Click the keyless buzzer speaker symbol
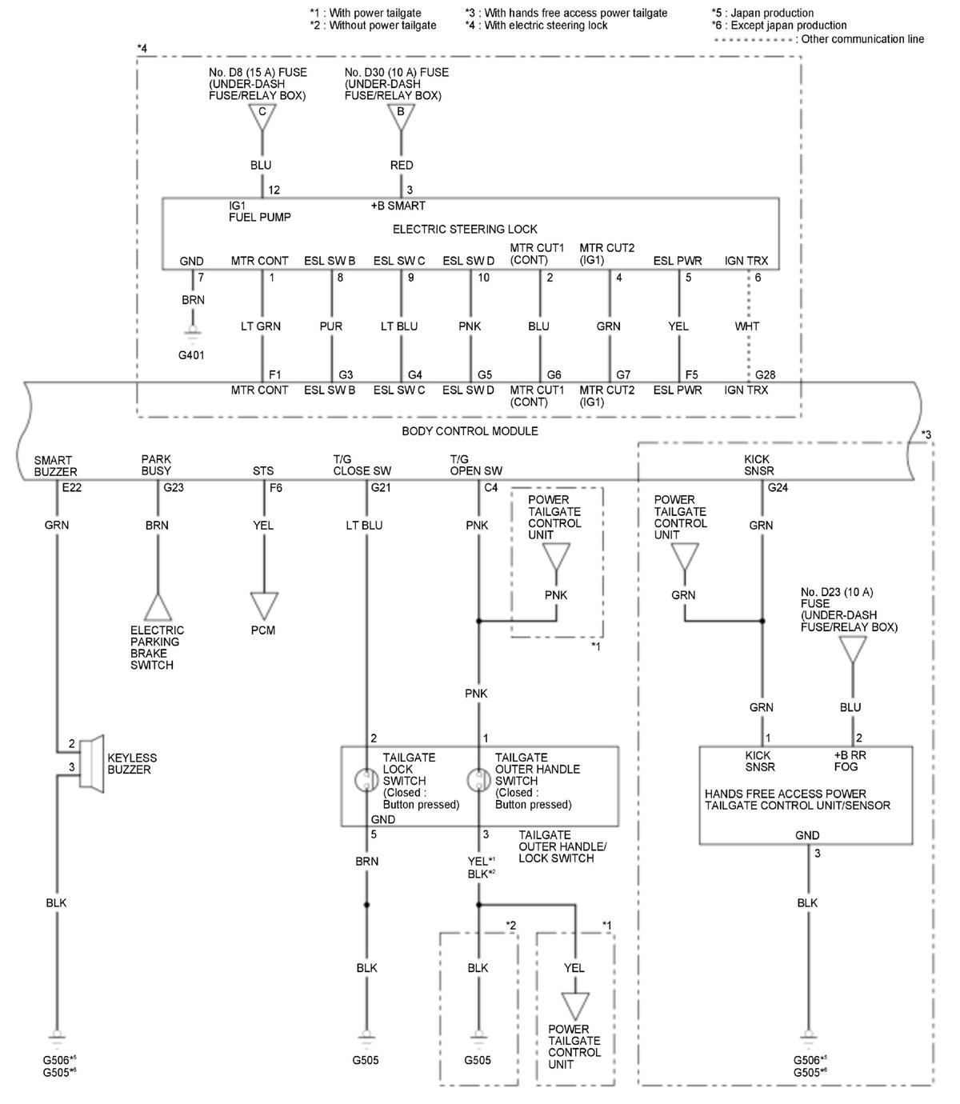pyautogui.click(x=93, y=763)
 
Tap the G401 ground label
pyautogui.click(x=192, y=354)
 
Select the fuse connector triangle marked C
pyautogui.click(x=262, y=116)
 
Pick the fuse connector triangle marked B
pyautogui.click(x=401, y=116)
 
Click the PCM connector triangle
pyautogui.click(x=263, y=604)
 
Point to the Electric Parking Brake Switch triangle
pyautogui.click(x=158, y=608)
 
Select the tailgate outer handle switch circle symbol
pyautogui.click(x=478, y=780)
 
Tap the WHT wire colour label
pyautogui.click(x=746, y=326)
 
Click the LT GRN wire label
pyautogui.click(x=261, y=326)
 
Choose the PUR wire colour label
pyautogui.click(x=331, y=326)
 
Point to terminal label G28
pyautogui.click(x=765, y=374)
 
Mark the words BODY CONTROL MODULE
pyautogui.click(x=470, y=431)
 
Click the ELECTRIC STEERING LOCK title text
pyautogui.click(x=465, y=229)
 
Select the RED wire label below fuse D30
pyautogui.click(x=402, y=165)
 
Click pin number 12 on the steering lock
pyautogui.click(x=274, y=190)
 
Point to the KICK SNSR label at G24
pyautogui.click(x=757, y=465)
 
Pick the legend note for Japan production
pyautogui.click(x=762, y=13)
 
